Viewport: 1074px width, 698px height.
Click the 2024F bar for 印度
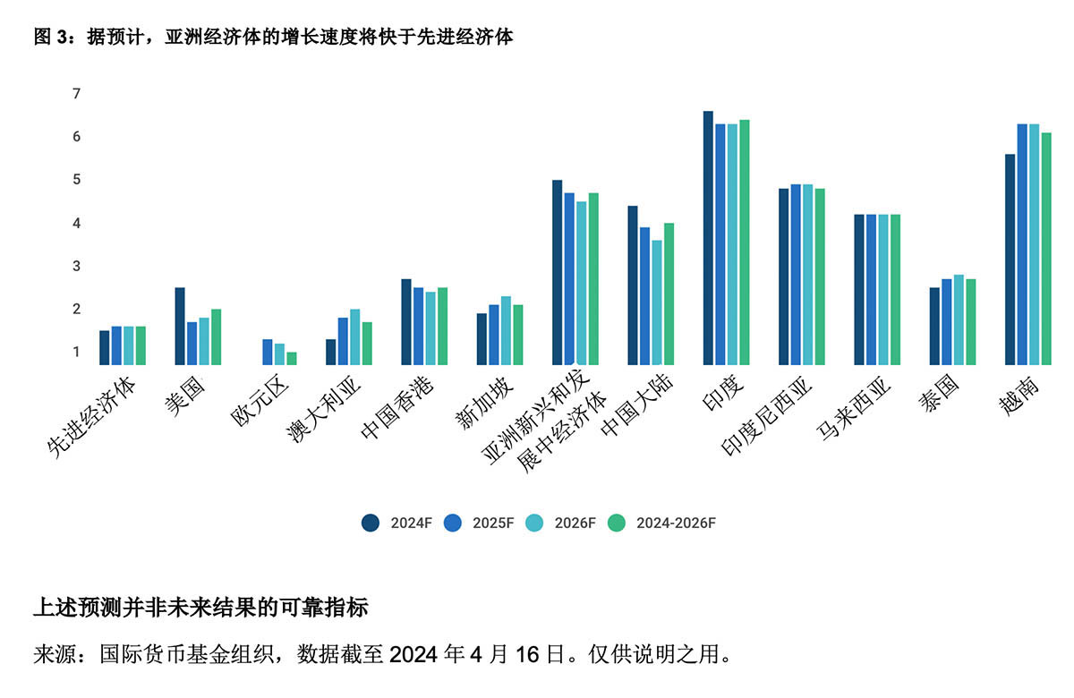pyautogui.click(x=708, y=238)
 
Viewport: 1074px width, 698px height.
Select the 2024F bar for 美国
pyautogui.click(x=180, y=326)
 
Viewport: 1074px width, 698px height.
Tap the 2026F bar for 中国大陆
pyautogui.click(x=657, y=302)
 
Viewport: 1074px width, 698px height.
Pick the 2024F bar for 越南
pyautogui.click(x=1010, y=260)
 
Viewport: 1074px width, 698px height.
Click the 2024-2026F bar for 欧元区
pyautogui.click(x=292, y=358)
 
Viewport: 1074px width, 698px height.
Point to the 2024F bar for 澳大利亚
pyautogui.click(x=331, y=352)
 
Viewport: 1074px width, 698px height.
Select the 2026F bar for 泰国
pyautogui.click(x=959, y=319)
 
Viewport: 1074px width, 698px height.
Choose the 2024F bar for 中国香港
pyautogui.click(x=406, y=322)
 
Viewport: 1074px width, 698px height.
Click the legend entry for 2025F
pyautogui.click(x=482, y=523)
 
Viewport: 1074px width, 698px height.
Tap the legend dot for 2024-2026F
pyautogui.click(x=617, y=523)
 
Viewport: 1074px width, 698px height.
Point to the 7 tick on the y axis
pyautogui.click(x=76, y=94)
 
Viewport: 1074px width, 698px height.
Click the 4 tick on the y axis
pyautogui.click(x=76, y=223)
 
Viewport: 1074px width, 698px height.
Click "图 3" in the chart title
pyautogui.click(x=50, y=37)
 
